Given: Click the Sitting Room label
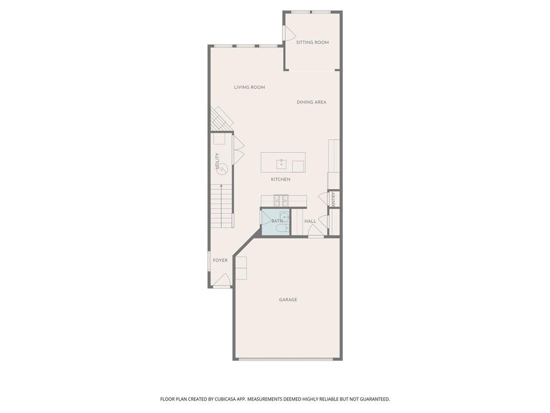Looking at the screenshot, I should [312, 42].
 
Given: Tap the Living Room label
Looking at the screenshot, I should [249, 87].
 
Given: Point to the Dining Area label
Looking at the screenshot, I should [312, 102].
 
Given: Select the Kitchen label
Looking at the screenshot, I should [280, 179].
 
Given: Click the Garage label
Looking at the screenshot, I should [288, 300].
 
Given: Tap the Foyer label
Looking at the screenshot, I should [220, 260].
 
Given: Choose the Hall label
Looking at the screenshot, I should [310, 221].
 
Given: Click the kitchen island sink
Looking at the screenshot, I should [281, 164].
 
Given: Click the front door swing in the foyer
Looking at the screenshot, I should [222, 280].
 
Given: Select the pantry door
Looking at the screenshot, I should [324, 198].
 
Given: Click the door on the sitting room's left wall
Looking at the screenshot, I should [289, 33].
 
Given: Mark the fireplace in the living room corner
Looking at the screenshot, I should [220, 118].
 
